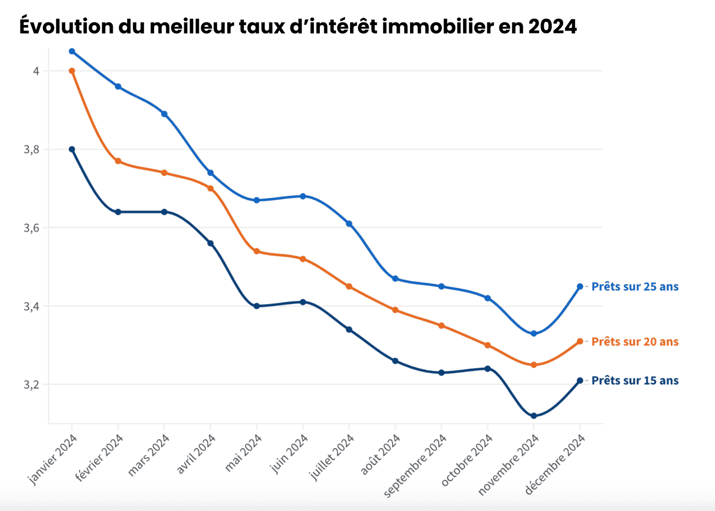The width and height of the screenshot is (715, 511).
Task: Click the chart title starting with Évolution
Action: [x=298, y=27]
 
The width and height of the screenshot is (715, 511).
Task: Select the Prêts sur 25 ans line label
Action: [x=634, y=286]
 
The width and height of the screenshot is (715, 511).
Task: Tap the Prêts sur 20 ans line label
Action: [x=634, y=342]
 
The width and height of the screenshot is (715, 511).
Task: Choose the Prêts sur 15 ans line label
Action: [x=634, y=381]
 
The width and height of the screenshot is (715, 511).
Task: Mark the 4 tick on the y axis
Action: [x=36, y=71]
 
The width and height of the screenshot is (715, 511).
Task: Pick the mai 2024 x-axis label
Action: [x=243, y=453]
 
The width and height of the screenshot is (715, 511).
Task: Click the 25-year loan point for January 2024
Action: [x=72, y=51]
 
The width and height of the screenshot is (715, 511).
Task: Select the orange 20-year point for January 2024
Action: [x=72, y=71]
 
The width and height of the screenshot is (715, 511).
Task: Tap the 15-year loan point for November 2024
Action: [x=534, y=416]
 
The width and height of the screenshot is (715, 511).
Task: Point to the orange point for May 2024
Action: [x=256, y=251]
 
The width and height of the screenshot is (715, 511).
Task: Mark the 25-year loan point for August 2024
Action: [x=395, y=279]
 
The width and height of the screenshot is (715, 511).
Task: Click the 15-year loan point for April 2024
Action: [x=210, y=243]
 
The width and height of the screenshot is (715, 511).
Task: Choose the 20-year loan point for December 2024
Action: [x=580, y=341]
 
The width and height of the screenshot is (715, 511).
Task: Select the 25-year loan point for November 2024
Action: [x=534, y=333]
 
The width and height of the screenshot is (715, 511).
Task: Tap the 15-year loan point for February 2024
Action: [x=118, y=212]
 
